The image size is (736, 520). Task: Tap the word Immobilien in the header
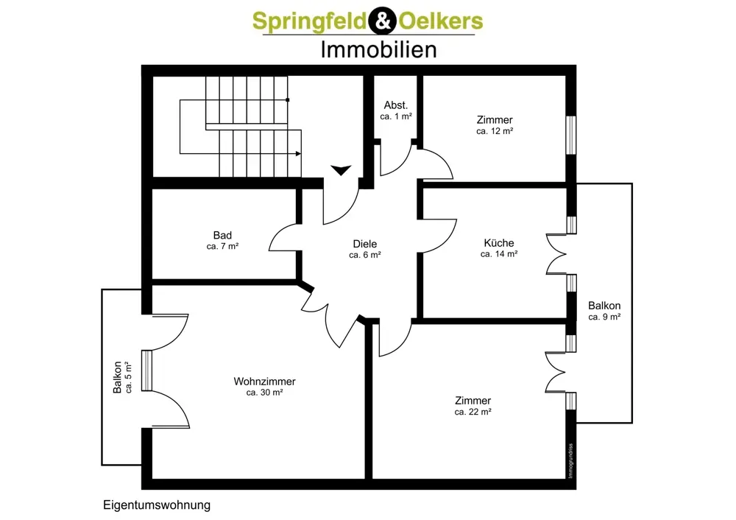tap(378, 49)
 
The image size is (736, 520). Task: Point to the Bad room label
tap(222, 236)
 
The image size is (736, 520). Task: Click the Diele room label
tap(364, 244)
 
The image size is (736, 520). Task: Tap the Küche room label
tap(499, 243)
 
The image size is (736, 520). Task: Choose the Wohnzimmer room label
tap(265, 382)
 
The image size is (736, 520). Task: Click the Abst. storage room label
tap(396, 105)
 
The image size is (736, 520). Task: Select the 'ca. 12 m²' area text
tap(495, 131)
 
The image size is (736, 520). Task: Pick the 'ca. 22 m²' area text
tap(473, 412)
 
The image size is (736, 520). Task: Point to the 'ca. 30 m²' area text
tap(265, 393)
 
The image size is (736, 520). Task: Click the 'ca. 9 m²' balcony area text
tap(605, 317)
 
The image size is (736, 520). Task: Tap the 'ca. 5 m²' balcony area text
tap(129, 376)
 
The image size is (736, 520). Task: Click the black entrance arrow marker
tap(341, 170)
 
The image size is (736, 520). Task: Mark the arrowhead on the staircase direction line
tap(298, 154)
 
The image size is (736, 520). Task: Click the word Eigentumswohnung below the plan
tap(157, 505)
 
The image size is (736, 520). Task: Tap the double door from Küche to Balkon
tap(557, 254)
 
